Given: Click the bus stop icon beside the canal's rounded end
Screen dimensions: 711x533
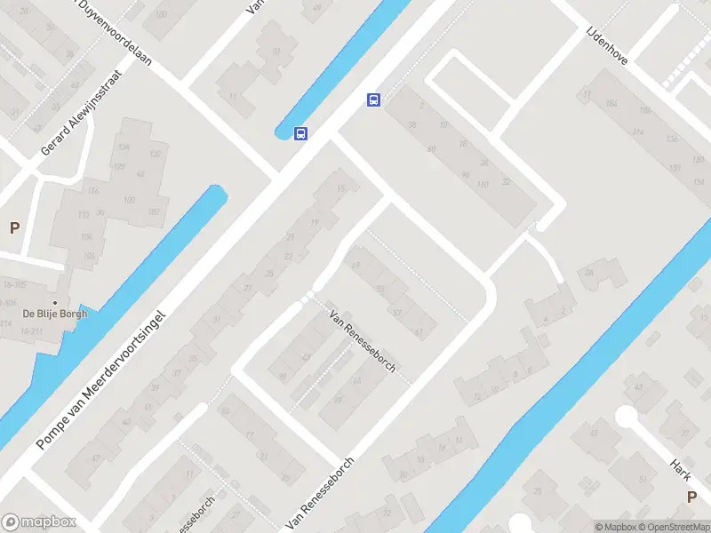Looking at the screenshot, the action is click(301, 134).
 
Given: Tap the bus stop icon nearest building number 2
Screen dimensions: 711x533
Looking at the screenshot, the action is click(374, 100).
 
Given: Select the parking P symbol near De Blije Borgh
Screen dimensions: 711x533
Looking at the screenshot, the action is click(14, 228).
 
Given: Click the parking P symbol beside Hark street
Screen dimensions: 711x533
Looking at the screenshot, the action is click(691, 497).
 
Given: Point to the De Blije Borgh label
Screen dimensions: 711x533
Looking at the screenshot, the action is click(53, 313).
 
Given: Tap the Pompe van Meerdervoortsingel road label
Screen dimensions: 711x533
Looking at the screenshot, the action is click(100, 379).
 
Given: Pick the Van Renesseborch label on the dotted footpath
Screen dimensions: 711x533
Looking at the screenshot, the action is click(363, 341).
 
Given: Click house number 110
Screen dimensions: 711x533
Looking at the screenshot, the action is click(483, 185).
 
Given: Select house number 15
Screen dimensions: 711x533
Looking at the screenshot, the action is click(340, 187).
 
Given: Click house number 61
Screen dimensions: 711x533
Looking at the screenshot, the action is click(418, 331).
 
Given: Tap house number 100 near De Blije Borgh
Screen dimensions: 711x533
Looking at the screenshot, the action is click(129, 200).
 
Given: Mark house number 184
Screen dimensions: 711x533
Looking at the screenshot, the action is click(608, 105).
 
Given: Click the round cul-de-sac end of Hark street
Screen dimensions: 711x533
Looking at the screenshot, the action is click(627, 416).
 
